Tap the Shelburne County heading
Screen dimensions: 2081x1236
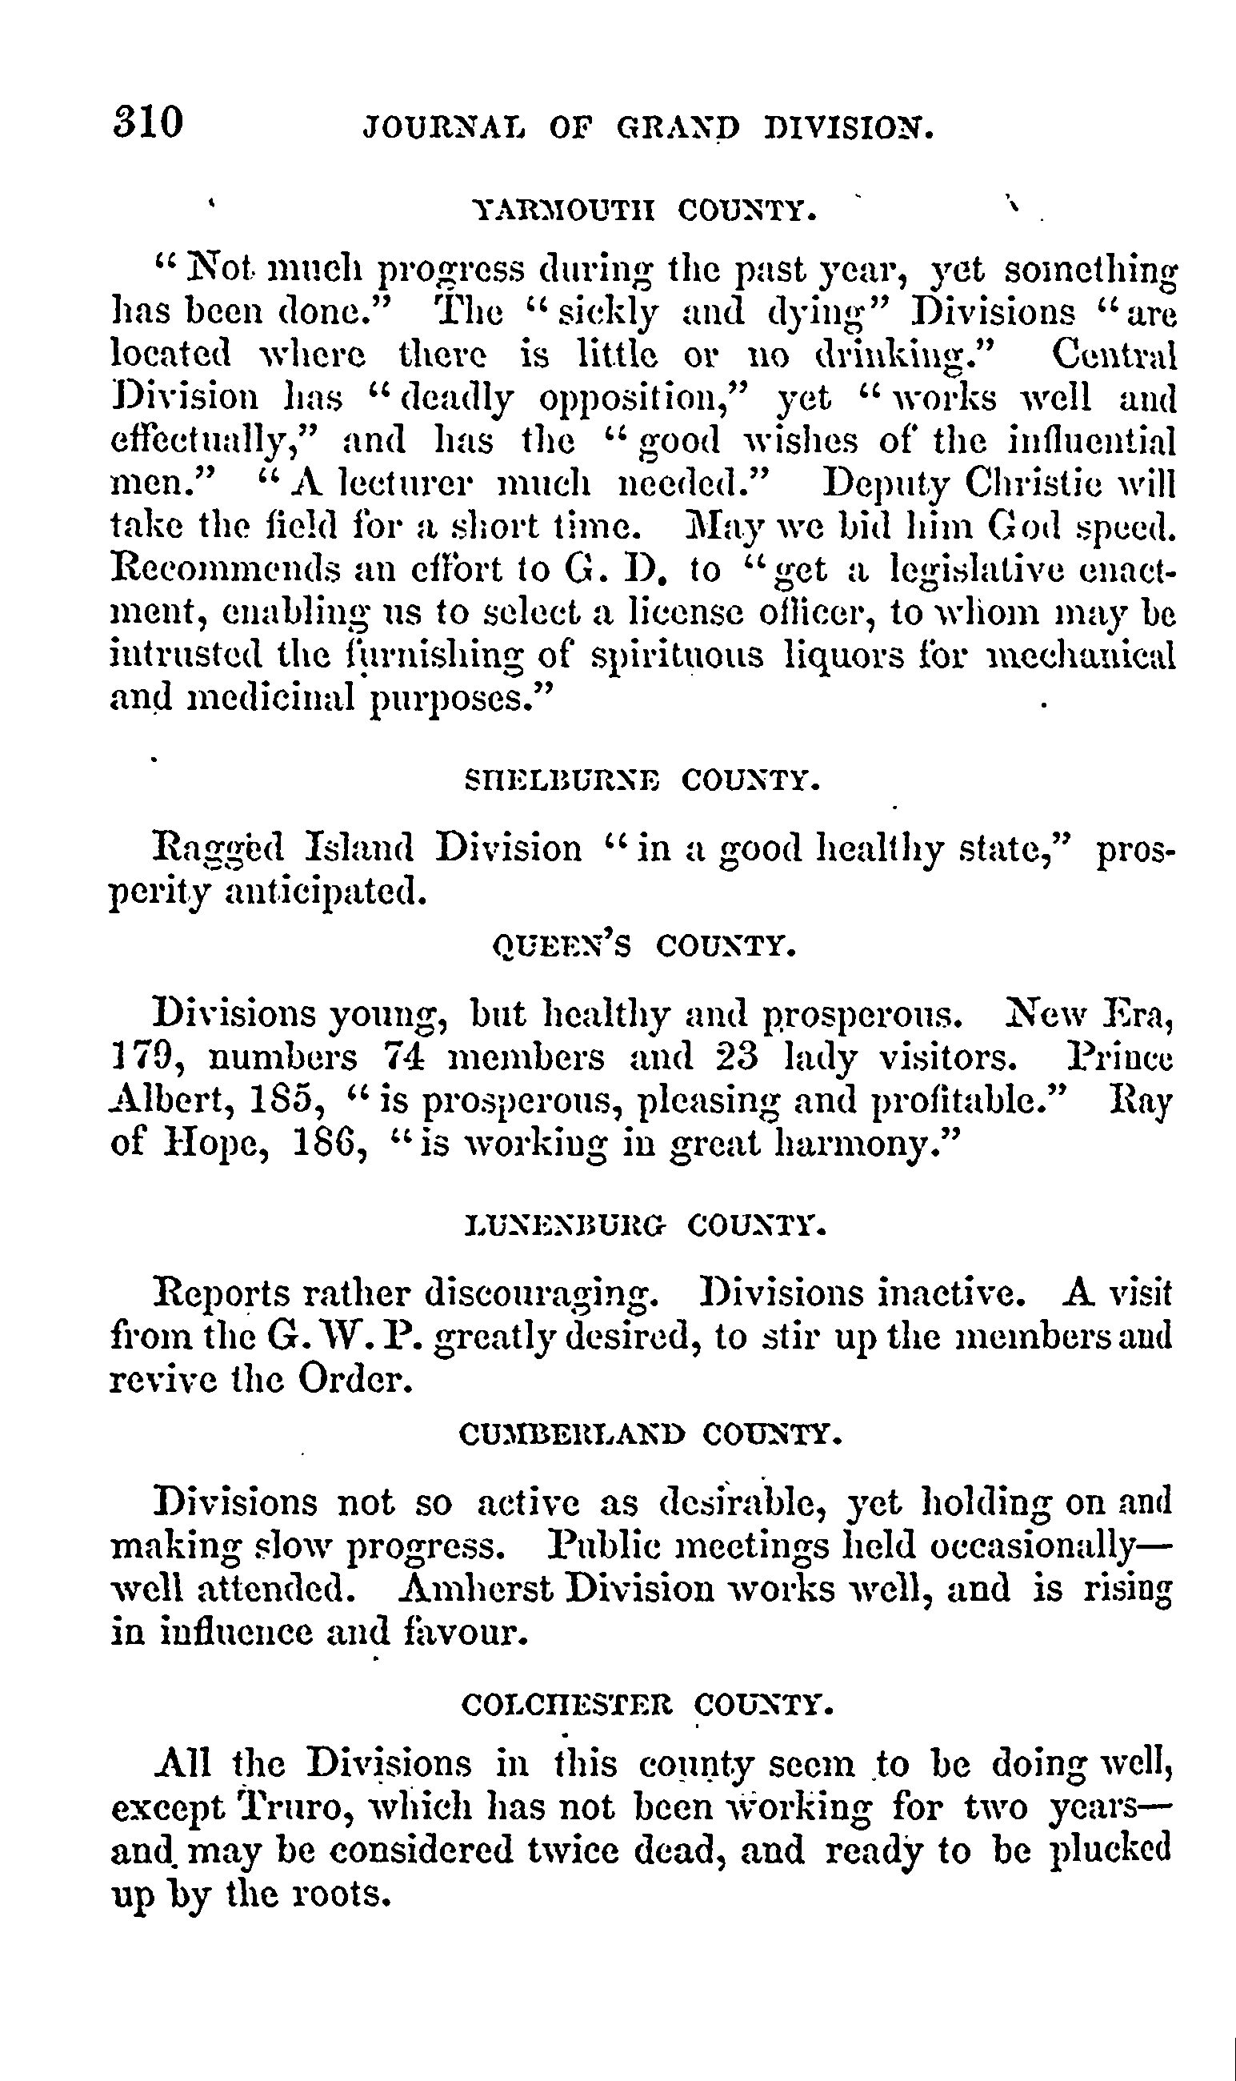pyautogui.click(x=642, y=780)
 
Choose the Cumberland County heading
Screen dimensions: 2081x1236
pyautogui.click(x=650, y=1434)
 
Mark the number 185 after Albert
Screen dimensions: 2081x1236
pyautogui.click(x=286, y=1101)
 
